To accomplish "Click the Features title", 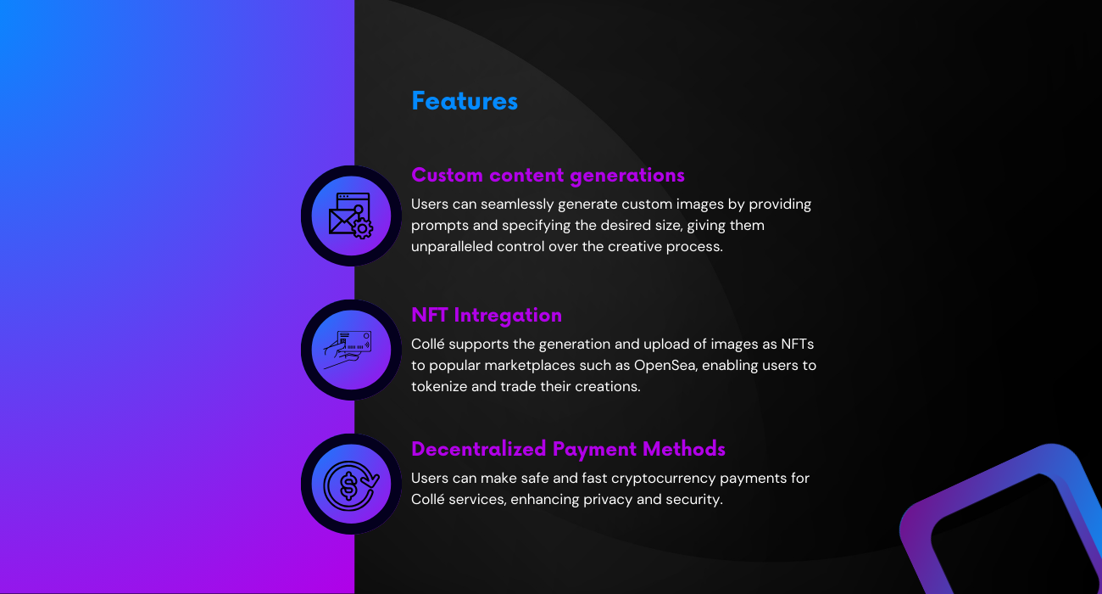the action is click(465, 101).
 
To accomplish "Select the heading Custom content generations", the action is click(548, 176).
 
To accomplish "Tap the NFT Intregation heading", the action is click(486, 315).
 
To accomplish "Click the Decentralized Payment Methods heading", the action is click(568, 449).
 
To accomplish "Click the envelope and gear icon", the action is click(351, 216).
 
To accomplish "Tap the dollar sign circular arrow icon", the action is click(351, 485).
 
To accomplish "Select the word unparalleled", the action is click(452, 246).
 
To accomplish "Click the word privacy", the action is click(608, 500).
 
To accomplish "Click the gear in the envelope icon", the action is click(363, 228).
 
